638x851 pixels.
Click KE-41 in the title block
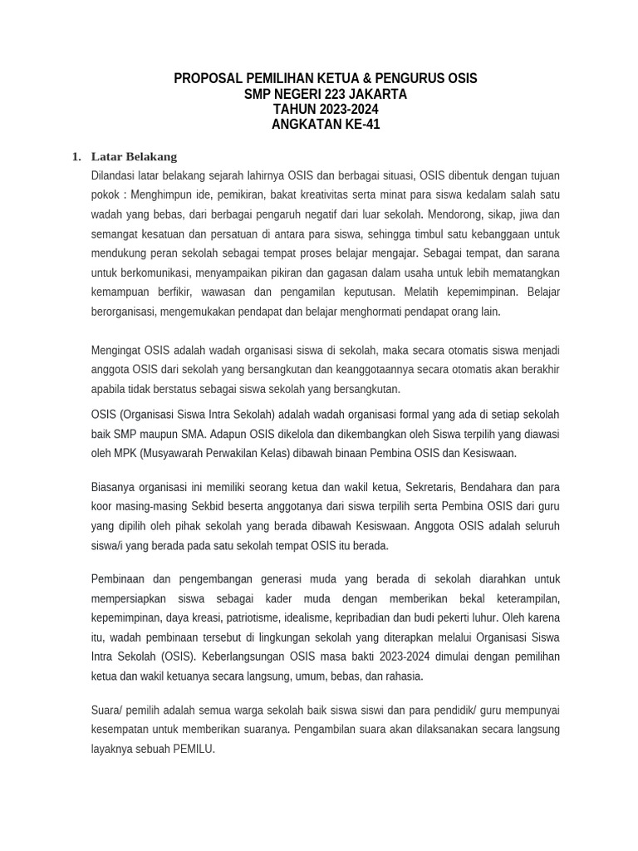[x=361, y=125]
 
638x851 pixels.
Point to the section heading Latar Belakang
[x=134, y=156]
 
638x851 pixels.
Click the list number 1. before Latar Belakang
[x=76, y=156]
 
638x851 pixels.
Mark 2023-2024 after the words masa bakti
[x=410, y=657]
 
